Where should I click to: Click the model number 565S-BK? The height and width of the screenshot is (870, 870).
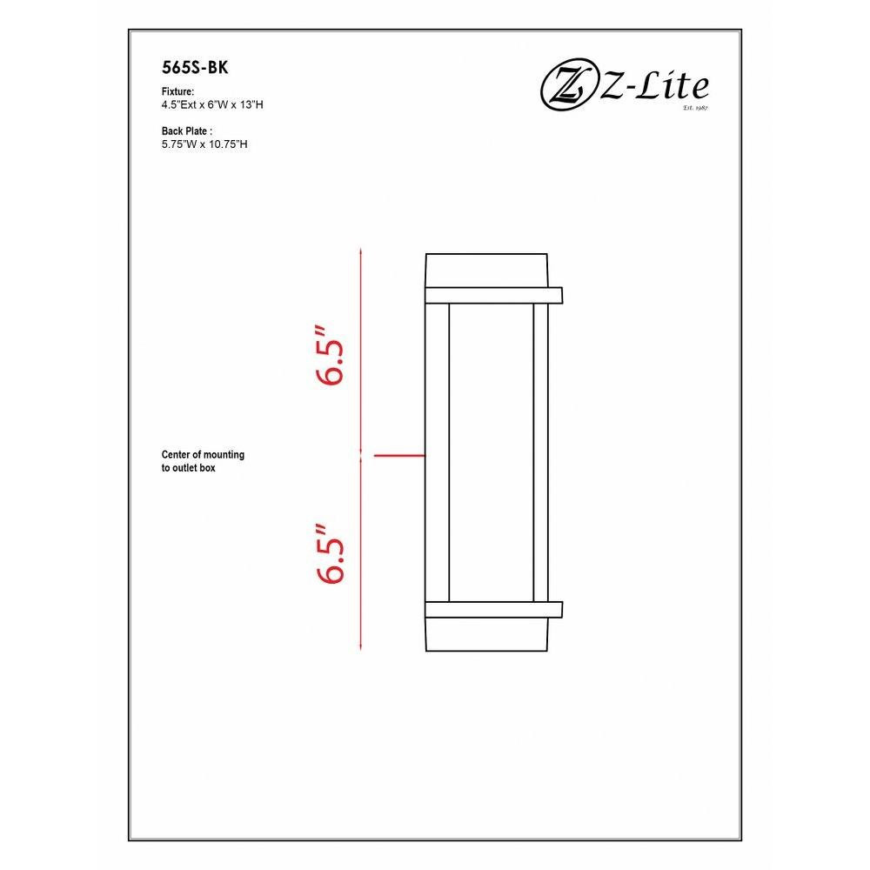click(195, 68)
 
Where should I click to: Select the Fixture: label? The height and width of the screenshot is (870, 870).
click(177, 91)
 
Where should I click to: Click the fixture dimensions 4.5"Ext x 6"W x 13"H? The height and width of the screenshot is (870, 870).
click(212, 105)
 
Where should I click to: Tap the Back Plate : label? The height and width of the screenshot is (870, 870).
click(187, 131)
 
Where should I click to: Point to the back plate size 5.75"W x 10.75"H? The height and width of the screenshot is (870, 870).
click(204, 144)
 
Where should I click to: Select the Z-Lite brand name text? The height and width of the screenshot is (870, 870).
click(653, 86)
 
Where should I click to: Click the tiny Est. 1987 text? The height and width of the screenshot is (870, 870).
click(696, 108)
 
